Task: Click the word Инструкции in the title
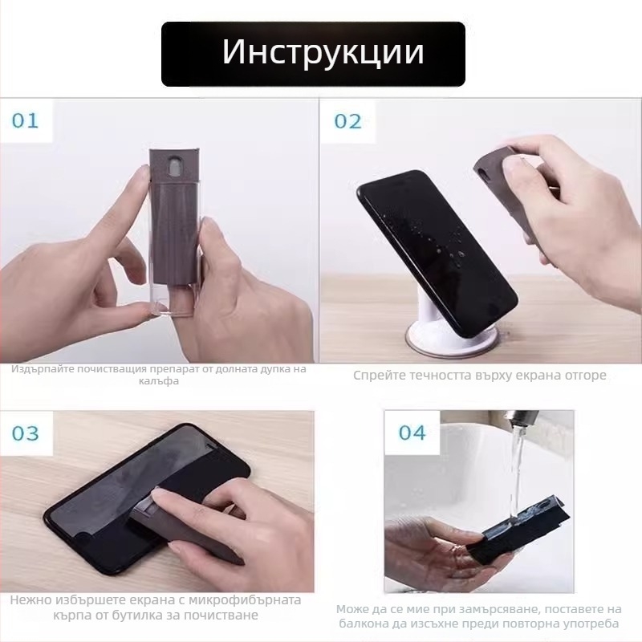[323, 52]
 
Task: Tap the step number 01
[25, 121]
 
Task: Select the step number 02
[347, 121]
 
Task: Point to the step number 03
[25, 433]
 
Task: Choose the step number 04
[412, 433]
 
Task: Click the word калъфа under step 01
[157, 381]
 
